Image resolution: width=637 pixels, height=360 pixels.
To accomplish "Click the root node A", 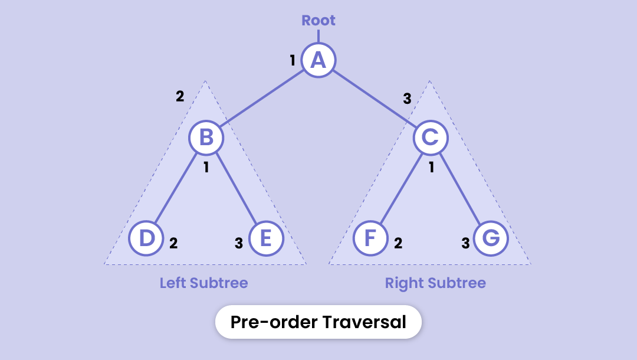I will click(318, 60).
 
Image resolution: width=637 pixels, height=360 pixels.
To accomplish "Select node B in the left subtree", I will click(206, 138).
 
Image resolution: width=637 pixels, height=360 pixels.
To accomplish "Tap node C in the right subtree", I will click(431, 138).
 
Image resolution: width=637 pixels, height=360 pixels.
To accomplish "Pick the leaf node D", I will click(146, 239).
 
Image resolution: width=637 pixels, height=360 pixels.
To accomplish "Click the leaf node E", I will click(266, 239).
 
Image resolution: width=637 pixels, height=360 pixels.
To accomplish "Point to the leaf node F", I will click(370, 239).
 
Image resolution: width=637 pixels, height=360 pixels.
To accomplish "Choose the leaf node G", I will click(491, 239).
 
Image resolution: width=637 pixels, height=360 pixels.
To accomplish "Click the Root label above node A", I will click(318, 21).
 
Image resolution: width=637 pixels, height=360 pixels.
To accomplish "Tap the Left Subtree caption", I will click(204, 283).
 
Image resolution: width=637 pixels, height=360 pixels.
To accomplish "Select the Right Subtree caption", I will click(435, 283).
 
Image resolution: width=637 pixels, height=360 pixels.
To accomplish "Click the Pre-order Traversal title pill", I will click(318, 322).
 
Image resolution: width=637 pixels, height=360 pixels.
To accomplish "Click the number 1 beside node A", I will click(293, 60).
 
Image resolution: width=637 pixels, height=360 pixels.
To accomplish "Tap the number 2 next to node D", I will click(173, 243).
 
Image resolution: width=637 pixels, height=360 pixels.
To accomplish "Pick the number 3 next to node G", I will click(465, 243).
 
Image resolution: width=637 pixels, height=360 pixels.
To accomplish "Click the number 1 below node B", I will click(206, 168).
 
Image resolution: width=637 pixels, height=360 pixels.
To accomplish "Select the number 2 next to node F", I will click(398, 243).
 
